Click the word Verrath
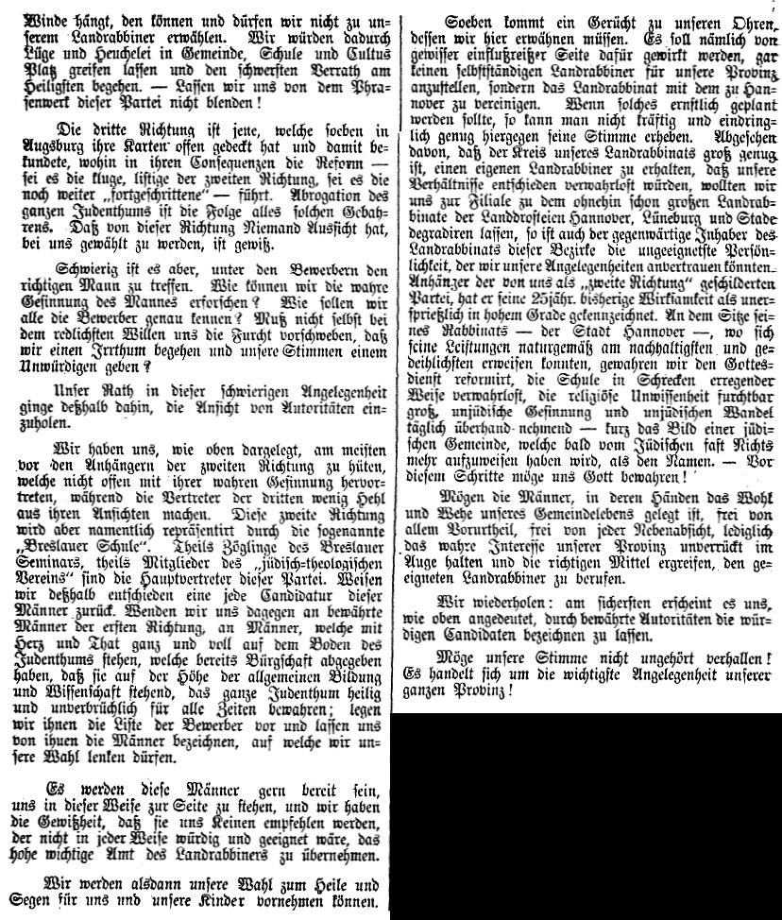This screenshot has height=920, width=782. (322, 62)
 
